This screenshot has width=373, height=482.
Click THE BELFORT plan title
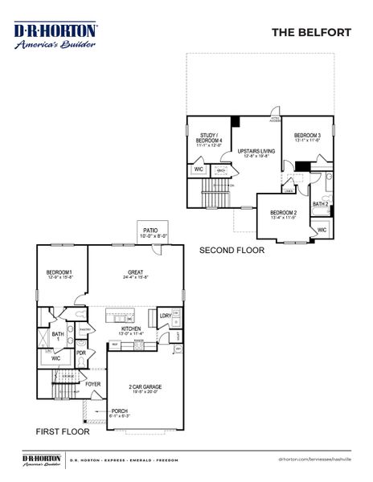[x=311, y=33]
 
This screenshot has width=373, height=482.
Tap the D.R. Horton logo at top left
[x=55, y=35]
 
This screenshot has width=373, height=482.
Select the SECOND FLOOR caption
[x=232, y=251]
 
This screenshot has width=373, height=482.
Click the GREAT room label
[x=135, y=272]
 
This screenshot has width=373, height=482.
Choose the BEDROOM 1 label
[x=59, y=273]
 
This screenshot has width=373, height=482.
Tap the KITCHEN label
[x=132, y=329]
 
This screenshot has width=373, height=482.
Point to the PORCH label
[x=120, y=411]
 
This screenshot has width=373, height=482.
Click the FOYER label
[x=94, y=384]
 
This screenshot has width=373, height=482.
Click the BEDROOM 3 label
[x=307, y=135]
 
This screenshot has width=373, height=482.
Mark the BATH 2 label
[x=321, y=204]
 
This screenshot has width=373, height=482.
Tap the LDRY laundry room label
[x=164, y=316]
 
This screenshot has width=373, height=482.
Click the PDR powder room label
[x=80, y=352]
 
